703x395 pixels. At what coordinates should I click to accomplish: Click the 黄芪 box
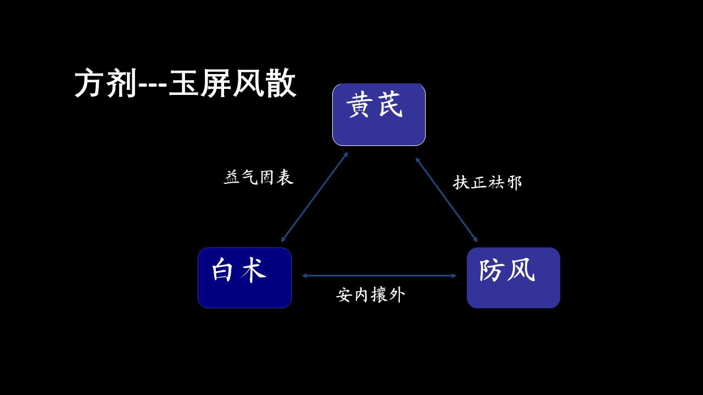pyautogui.click(x=379, y=115)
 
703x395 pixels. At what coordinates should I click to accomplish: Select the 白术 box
pyautogui.click(x=244, y=278)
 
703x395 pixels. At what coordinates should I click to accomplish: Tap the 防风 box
pyautogui.click(x=514, y=278)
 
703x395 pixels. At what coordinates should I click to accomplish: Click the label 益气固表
pyautogui.click(x=259, y=177)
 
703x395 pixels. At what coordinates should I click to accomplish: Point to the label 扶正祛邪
pyautogui.click(x=487, y=183)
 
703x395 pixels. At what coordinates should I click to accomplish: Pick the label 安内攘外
pyautogui.click(x=370, y=295)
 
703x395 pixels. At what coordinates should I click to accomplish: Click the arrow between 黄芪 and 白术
pyautogui.click(x=315, y=197)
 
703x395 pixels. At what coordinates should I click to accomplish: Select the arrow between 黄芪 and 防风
pyautogui.click(x=447, y=200)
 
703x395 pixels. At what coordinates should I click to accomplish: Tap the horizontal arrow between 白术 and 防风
pyautogui.click(x=379, y=276)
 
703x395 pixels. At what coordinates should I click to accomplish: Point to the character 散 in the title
pyautogui.click(x=281, y=83)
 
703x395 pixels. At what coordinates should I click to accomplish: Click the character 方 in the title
pyautogui.click(x=90, y=83)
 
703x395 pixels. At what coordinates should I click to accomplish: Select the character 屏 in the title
pyautogui.click(x=216, y=83)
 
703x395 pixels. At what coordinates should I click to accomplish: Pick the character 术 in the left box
pyautogui.click(x=254, y=270)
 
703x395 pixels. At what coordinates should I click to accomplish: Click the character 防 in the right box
pyautogui.click(x=492, y=270)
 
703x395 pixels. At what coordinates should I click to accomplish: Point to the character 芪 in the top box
pyautogui.click(x=390, y=105)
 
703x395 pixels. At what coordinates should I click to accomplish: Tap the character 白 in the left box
pyautogui.click(x=222, y=270)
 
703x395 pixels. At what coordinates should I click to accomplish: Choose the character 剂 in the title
pyautogui.click(x=121, y=83)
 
